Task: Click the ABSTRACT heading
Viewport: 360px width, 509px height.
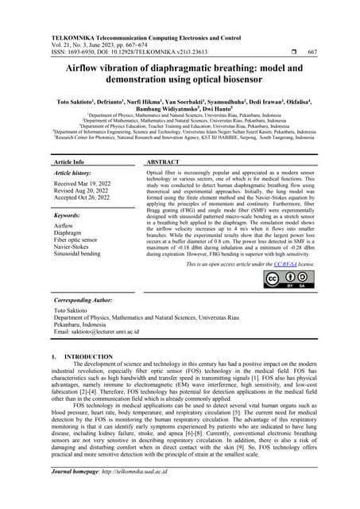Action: [x=166, y=161]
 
